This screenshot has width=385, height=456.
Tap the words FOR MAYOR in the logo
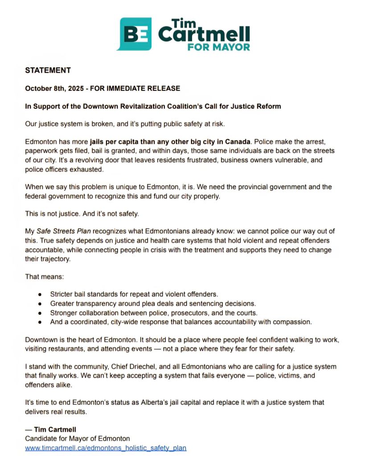pyautogui.click(x=218, y=46)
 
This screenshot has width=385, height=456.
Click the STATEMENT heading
pyautogui.click(x=48, y=70)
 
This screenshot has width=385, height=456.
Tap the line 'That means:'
pyautogui.click(x=44, y=277)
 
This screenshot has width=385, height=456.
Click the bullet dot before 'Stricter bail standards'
pyautogui.click(x=41, y=295)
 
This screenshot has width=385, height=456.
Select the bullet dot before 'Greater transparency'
pyautogui.click(x=41, y=304)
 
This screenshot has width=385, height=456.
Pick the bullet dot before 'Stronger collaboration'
pyautogui.click(x=41, y=312)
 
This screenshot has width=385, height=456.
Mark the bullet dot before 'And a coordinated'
pyautogui.click(x=41, y=321)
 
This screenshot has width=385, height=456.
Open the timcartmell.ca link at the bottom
pyautogui.click(x=106, y=448)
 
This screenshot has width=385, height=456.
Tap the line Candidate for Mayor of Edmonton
pyautogui.click(x=77, y=439)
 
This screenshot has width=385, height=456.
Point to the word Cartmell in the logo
pyautogui.click(x=204, y=34)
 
